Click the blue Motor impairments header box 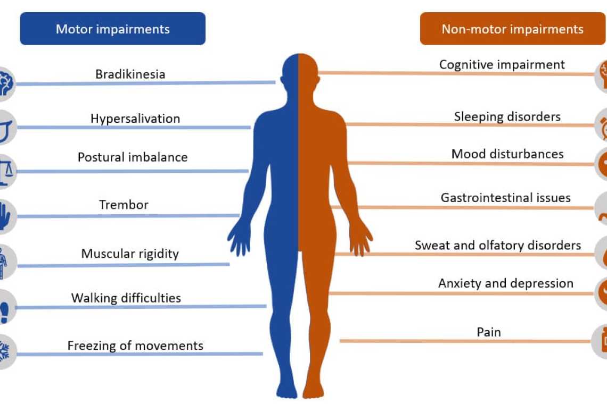[112, 29]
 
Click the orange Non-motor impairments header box [512, 29]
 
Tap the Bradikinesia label [130, 74]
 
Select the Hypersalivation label [135, 119]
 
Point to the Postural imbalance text [133, 157]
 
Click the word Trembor [124, 205]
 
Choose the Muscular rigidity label [130, 254]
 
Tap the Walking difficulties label [126, 298]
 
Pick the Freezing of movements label [135, 346]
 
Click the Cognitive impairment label [502, 65]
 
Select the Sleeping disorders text [507, 116]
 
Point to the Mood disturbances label [507, 154]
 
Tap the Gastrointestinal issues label [506, 198]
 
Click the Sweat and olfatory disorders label [498, 246]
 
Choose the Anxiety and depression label [506, 283]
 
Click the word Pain [489, 332]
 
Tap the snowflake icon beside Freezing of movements [5, 351]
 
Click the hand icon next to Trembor [5, 216]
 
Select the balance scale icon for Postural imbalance [5, 171]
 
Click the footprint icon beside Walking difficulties [5, 307]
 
